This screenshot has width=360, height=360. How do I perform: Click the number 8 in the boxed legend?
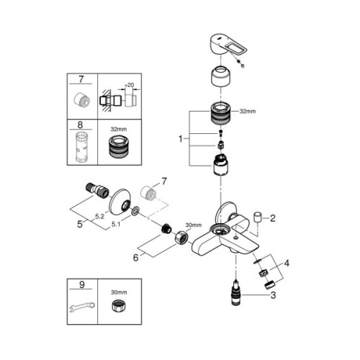tap(81, 125)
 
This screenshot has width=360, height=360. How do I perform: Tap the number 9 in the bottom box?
tap(81, 286)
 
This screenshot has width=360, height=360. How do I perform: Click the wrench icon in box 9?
tap(81, 308)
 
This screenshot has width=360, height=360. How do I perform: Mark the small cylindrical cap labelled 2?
tap(260, 217)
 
